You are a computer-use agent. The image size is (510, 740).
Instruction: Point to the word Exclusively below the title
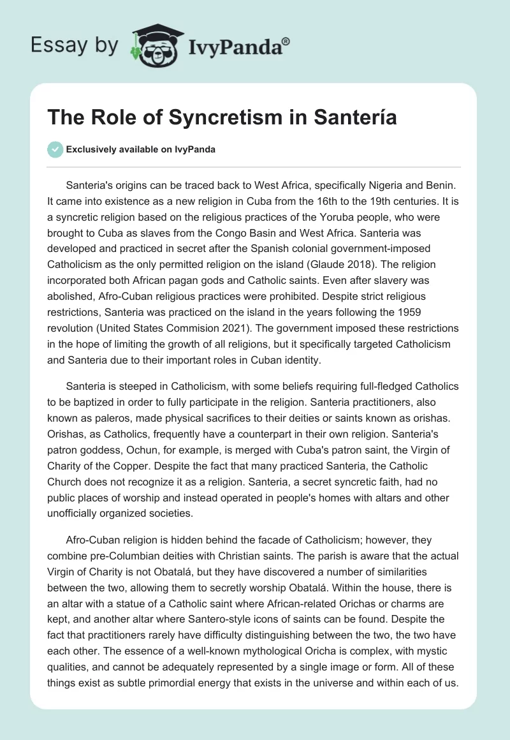click(x=89, y=149)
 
